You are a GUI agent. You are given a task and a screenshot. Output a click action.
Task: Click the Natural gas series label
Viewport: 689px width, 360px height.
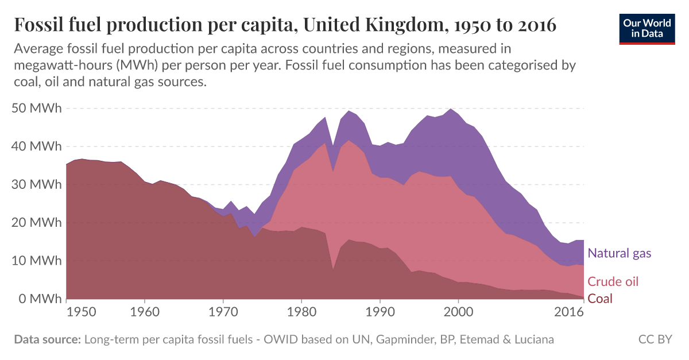coord(620,253)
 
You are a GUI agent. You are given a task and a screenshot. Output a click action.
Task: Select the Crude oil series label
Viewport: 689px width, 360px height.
coord(613,281)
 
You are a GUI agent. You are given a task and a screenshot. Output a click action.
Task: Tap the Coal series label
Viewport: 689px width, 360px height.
coord(600,299)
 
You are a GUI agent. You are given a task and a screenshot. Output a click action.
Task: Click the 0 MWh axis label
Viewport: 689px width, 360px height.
coord(40,299)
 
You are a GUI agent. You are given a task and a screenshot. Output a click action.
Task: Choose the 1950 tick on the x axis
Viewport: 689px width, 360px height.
coord(82,313)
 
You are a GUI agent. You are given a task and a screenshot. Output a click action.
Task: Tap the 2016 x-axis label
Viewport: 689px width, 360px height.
coord(568,313)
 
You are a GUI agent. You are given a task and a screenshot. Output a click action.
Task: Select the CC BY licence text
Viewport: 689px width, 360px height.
coord(655,339)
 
